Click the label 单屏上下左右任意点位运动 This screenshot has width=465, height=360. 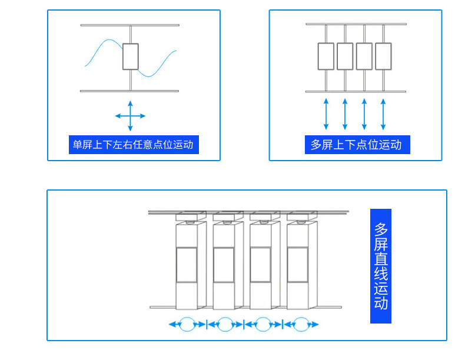[x=134, y=145]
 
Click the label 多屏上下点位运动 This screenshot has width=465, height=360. [x=357, y=145]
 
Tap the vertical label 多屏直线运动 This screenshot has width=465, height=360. [x=381, y=266]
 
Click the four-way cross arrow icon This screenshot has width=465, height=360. [x=130, y=116]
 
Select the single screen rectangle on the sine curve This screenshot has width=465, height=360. [x=131, y=56]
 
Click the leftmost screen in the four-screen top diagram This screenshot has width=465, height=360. [x=326, y=56]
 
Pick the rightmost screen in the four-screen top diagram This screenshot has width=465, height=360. [x=383, y=56]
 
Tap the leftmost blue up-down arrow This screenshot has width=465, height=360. [x=326, y=114]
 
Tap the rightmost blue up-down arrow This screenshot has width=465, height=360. [x=383, y=114]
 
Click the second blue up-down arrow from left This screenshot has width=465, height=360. [x=345, y=114]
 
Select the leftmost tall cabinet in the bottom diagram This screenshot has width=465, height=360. [x=187, y=265]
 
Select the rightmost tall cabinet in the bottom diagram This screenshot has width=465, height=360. [x=298, y=265]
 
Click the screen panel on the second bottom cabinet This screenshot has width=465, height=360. [x=224, y=265]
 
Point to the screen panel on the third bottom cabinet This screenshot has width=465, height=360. [x=261, y=265]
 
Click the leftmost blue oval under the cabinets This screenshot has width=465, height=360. [x=187, y=324]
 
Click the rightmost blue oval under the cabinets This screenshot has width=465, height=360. [x=301, y=324]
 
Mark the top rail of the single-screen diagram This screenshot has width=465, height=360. [x=130, y=25]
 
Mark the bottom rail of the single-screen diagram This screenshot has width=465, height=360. [x=129, y=91]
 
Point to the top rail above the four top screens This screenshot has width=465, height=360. [x=356, y=24]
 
